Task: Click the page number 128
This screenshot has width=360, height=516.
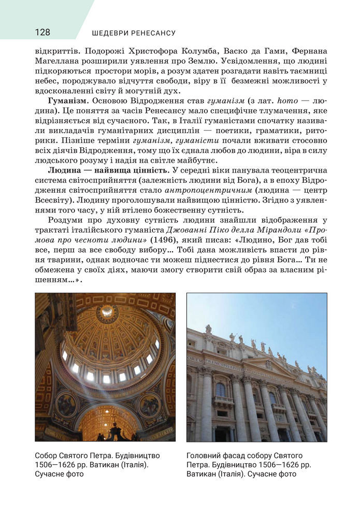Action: (42, 33)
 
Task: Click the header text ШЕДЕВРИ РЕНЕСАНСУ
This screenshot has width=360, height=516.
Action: (134, 33)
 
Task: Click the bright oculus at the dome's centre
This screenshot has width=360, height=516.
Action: (107, 311)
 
